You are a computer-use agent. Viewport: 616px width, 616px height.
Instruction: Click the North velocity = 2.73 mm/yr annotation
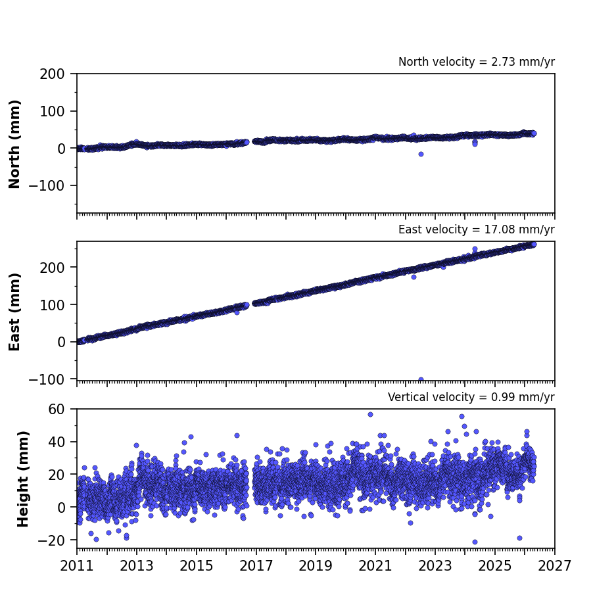[477, 62]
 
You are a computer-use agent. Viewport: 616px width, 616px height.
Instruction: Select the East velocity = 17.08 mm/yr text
[477, 229]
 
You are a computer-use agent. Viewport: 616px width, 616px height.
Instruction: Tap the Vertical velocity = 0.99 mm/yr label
[471, 397]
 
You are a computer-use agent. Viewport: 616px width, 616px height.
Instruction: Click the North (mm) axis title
[14, 144]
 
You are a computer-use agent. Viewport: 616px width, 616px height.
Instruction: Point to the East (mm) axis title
[14, 312]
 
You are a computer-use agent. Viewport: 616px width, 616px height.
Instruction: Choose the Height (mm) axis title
[23, 479]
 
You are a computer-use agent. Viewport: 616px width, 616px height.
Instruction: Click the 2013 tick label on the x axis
[136, 566]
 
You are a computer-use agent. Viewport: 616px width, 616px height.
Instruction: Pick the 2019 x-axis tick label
[316, 566]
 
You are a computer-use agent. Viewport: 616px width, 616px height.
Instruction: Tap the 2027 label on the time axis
[554, 566]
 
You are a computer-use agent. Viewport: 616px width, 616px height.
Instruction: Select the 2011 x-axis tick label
[77, 566]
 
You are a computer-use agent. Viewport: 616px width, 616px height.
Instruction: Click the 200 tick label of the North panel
[52, 74]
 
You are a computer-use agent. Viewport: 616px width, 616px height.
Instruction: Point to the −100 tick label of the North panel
[47, 185]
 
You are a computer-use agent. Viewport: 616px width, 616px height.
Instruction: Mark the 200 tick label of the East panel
[52, 268]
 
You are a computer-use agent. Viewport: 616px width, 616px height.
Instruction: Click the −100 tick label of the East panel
[47, 379]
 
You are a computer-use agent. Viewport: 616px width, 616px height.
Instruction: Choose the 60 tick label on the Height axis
[57, 410]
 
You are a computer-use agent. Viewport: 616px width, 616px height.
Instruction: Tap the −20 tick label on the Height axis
[51, 540]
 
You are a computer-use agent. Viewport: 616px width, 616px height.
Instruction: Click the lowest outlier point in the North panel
[421, 154]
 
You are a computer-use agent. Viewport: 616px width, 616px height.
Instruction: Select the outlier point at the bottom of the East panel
[421, 379]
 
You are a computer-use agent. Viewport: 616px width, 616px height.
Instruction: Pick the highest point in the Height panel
[370, 414]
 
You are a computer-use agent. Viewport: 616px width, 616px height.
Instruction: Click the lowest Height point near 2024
[475, 542]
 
